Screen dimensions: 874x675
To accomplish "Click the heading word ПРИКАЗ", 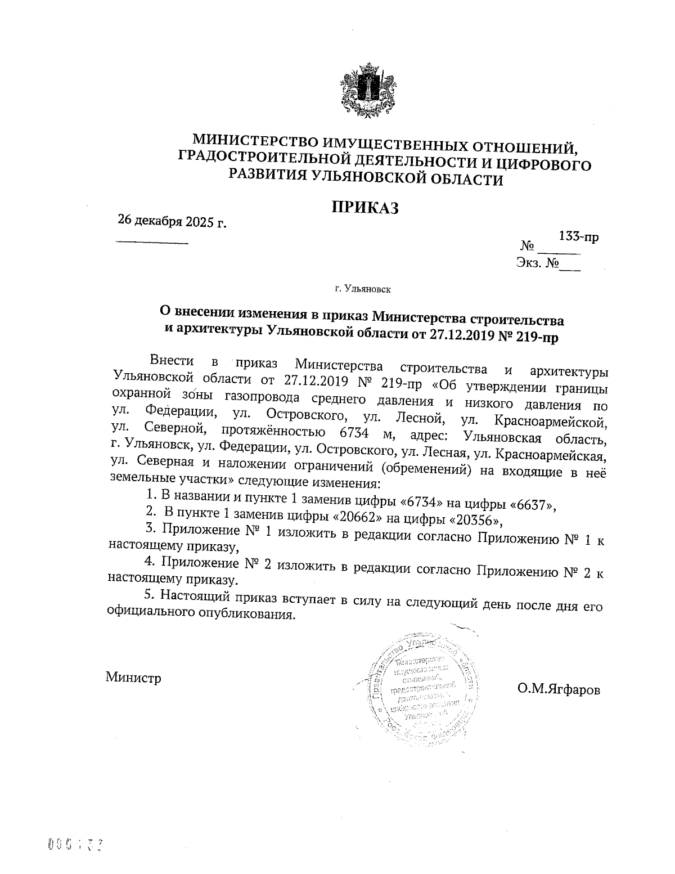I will (364, 207).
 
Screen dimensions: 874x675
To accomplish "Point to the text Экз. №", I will (537, 262).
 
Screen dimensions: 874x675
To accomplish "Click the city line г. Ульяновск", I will (363, 289).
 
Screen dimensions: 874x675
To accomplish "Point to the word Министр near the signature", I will (133, 677).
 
